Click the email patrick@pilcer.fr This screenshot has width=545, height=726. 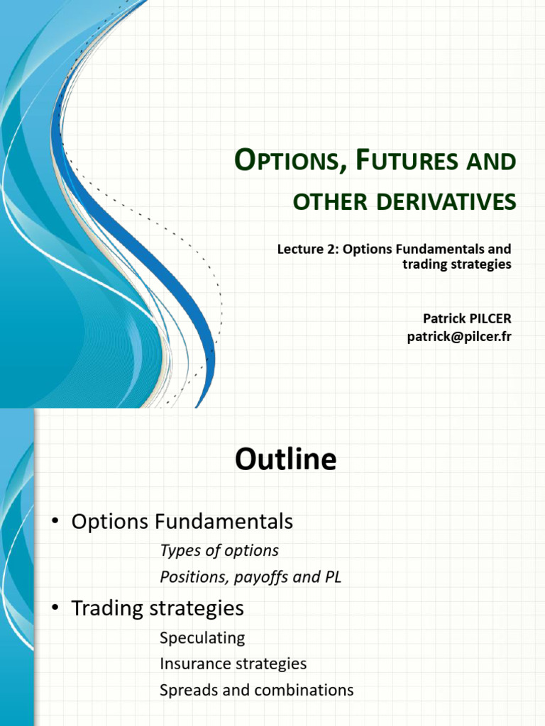(x=458, y=336)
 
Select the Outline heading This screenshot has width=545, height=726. (x=285, y=460)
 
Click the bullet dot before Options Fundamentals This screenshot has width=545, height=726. (x=54, y=523)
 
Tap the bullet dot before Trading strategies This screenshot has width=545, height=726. (x=54, y=608)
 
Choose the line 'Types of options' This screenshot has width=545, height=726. (x=219, y=550)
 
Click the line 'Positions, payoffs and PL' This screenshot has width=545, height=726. (x=251, y=577)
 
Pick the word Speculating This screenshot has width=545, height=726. (x=202, y=637)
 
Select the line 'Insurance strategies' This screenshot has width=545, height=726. (x=233, y=664)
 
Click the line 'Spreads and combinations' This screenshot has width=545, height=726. (x=256, y=690)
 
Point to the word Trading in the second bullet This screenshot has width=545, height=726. (x=108, y=608)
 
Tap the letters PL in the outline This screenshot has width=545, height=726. (x=332, y=577)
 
